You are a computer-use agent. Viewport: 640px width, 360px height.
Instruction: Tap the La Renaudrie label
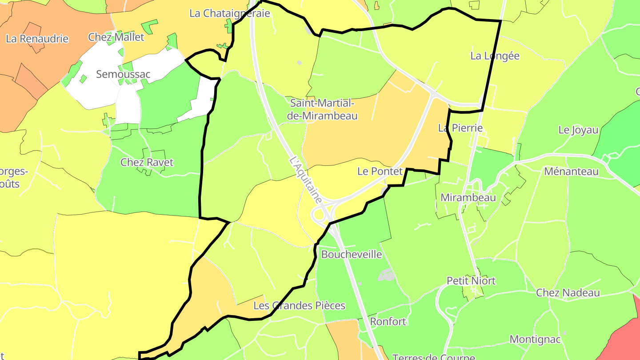[x=37, y=39]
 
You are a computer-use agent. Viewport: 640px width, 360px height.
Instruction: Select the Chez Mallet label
[x=116, y=37]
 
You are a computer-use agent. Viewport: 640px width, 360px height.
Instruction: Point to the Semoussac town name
[x=123, y=74]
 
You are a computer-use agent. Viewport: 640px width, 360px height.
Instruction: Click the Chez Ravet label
[x=147, y=162]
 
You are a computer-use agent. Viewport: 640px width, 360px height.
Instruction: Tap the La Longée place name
[x=495, y=56]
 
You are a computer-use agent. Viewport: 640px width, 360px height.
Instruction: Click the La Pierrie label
[x=460, y=128]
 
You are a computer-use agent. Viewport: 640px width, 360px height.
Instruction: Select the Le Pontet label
[x=380, y=171]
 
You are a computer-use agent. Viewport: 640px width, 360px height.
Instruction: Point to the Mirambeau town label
[x=468, y=198]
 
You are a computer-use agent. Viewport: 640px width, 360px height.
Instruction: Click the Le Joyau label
[x=578, y=130]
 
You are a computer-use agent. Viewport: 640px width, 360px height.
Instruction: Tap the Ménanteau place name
[x=571, y=171]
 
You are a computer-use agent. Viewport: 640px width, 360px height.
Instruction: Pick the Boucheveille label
[x=351, y=255]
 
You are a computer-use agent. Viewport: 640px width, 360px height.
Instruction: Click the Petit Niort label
[x=471, y=281]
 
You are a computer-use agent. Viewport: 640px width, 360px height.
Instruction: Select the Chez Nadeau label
[x=568, y=293]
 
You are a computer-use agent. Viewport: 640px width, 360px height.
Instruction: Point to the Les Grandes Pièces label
[x=299, y=306]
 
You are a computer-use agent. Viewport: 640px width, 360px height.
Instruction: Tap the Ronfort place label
[x=388, y=321]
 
